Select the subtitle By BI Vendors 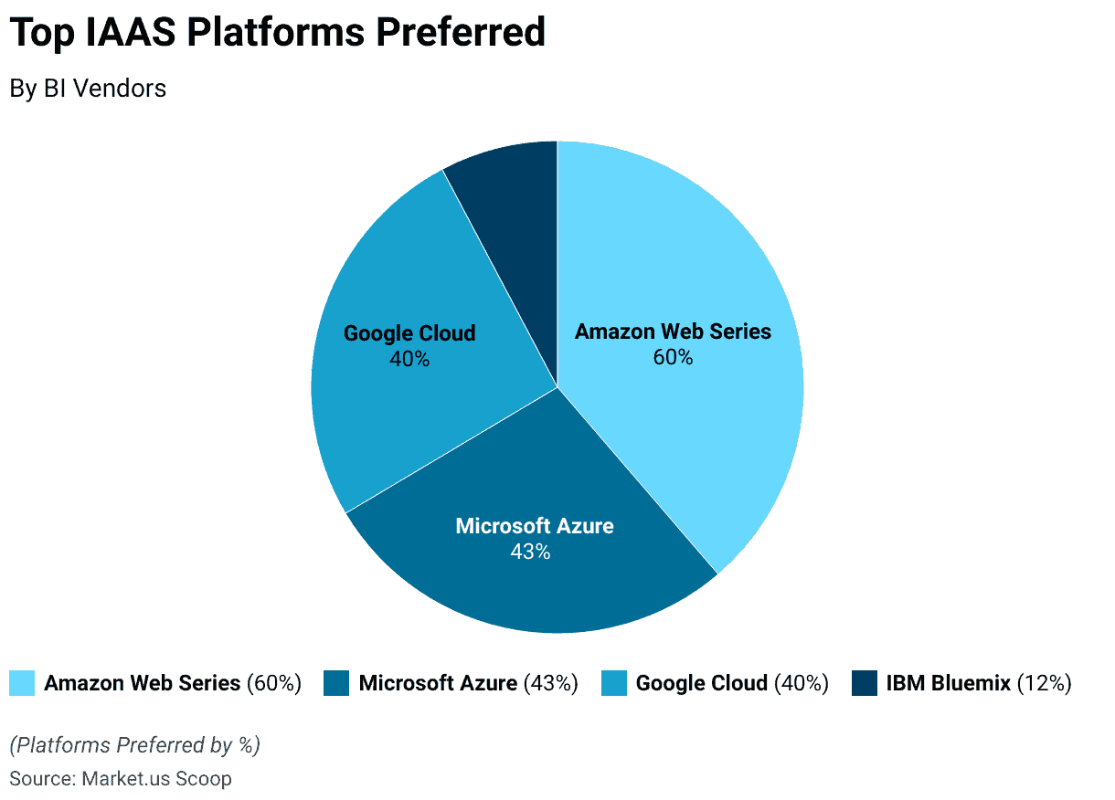point(88,89)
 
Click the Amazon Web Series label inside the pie point(673,332)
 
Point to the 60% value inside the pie point(673,357)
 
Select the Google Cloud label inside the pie point(409,333)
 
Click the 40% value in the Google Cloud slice point(409,359)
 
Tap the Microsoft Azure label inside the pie point(535,526)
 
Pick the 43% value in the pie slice point(530,552)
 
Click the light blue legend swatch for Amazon point(22,683)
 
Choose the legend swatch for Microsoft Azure point(336,683)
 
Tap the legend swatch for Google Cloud point(614,683)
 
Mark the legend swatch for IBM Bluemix point(865,683)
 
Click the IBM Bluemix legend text point(948,683)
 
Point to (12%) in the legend point(1044,683)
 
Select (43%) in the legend point(551,683)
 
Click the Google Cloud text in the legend point(701,683)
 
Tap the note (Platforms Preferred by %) point(134,745)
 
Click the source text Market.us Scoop point(156,779)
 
